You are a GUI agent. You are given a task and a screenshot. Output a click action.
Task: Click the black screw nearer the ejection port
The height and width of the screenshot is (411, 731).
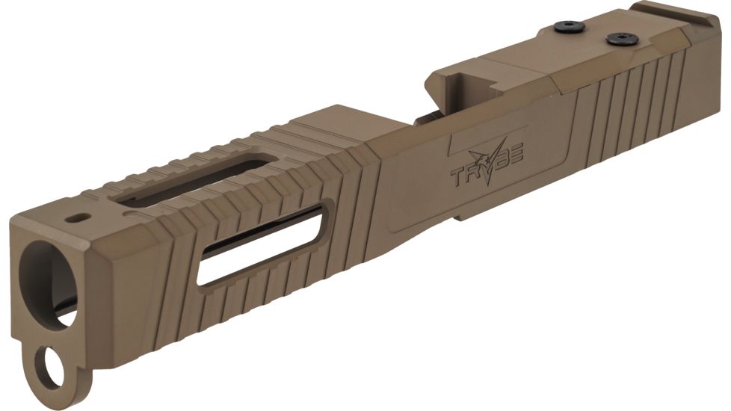tap(570, 28)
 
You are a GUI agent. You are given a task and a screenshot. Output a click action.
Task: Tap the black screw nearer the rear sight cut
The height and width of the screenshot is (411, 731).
tap(619, 37)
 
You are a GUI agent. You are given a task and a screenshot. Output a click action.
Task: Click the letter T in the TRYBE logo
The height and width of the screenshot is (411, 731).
tap(457, 178)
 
